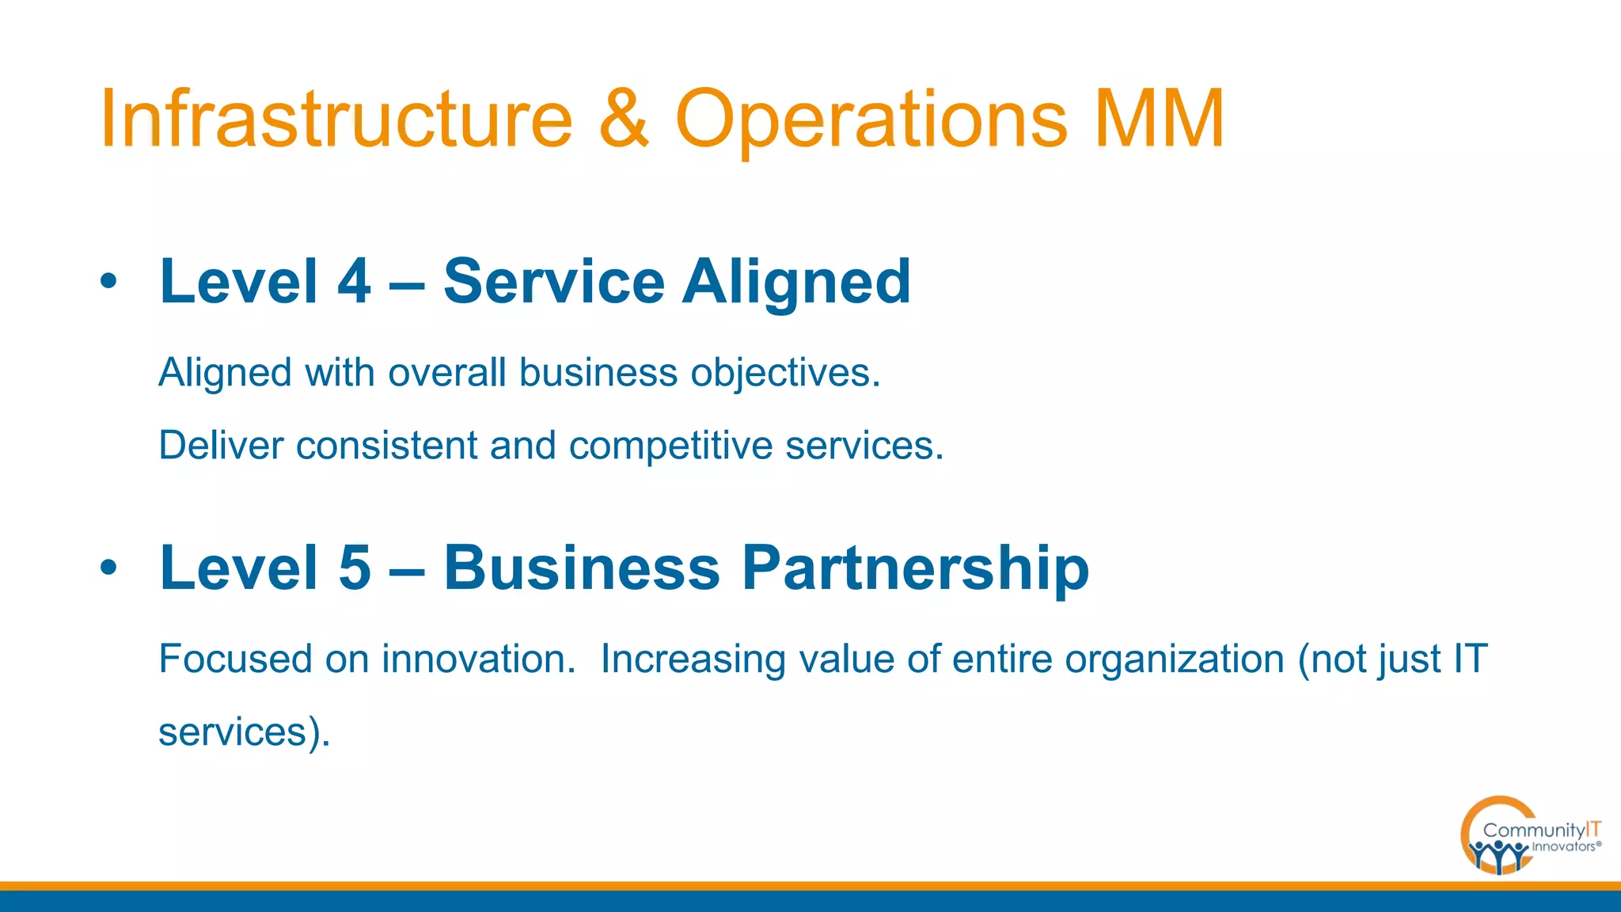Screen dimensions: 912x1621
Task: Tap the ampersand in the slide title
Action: [x=624, y=119]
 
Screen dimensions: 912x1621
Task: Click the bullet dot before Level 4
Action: [x=109, y=281]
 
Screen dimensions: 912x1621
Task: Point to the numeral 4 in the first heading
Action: [x=354, y=282]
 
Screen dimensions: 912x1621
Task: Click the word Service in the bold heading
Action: [x=554, y=282]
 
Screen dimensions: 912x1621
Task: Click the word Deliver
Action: [x=221, y=446]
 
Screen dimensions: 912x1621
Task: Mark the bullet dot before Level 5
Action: [x=109, y=568]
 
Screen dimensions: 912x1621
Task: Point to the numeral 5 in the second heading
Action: [x=354, y=568]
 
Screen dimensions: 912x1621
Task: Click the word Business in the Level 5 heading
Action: [x=582, y=568]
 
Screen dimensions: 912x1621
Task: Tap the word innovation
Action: [x=478, y=659]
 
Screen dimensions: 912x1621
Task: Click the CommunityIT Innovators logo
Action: [x=1529, y=836]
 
